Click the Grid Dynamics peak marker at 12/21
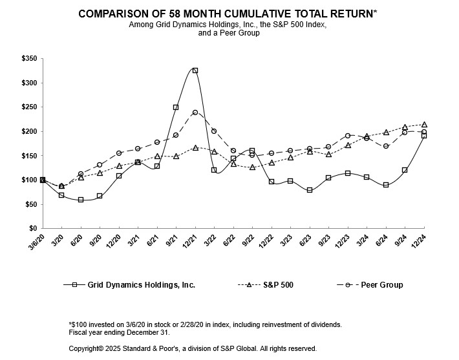(195, 70)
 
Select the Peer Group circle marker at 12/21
(195, 112)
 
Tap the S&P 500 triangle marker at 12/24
(424, 124)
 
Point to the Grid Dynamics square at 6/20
(81, 200)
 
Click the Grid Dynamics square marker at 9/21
(176, 107)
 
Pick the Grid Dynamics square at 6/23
(310, 190)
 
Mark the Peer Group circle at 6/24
(386, 146)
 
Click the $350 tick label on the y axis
(29, 59)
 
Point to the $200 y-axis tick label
(29, 131)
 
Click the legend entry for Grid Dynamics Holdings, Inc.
(140, 284)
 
